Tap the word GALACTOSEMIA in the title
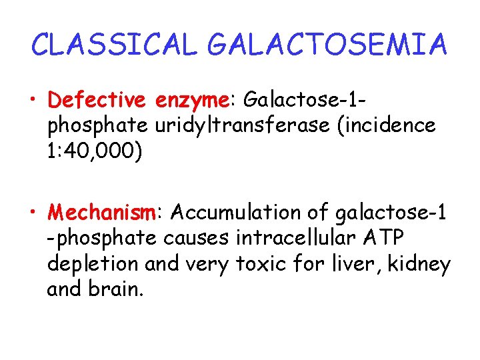(x=327, y=45)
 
